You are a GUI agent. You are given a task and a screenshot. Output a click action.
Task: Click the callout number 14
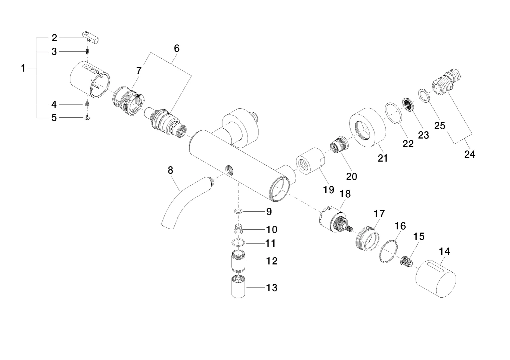(x=445, y=251)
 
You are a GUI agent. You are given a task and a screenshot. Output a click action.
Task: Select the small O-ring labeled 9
(x=238, y=211)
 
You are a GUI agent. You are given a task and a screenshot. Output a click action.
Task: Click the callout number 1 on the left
(x=23, y=68)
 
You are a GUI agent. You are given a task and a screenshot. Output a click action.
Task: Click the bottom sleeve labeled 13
(x=238, y=287)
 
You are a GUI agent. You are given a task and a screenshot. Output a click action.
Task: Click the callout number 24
(x=470, y=154)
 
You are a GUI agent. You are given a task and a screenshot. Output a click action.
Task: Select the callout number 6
(x=176, y=48)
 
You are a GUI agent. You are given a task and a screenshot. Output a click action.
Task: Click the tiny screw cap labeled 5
(x=87, y=117)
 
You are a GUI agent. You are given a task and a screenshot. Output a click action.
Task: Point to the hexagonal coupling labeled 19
(x=310, y=161)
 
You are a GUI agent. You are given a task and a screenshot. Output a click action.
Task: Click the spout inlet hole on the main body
(x=229, y=170)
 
